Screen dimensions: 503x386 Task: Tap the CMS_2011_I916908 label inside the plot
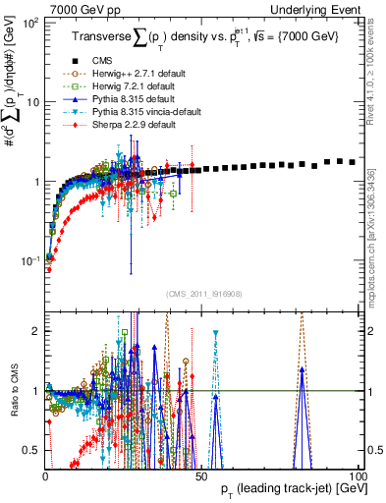coord(200,294)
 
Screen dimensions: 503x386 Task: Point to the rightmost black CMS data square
coord(353,161)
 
